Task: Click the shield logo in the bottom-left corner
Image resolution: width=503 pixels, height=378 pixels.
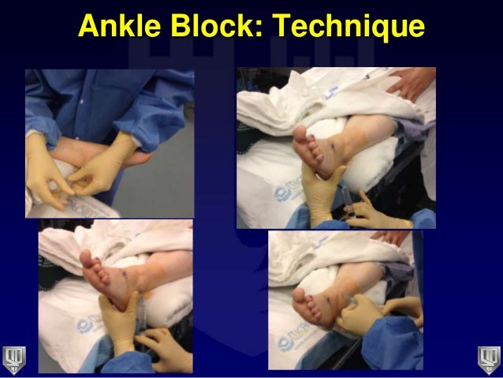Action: [14, 359]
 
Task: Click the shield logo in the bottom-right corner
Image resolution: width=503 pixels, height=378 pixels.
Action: [489, 359]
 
